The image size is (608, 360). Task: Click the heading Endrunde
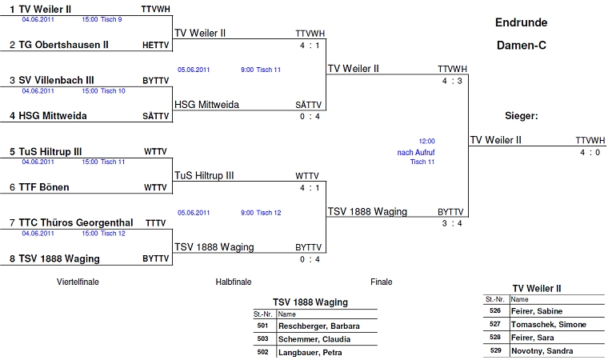pos(521,22)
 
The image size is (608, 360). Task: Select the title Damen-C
pos(521,46)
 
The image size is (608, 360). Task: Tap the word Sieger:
pos(521,116)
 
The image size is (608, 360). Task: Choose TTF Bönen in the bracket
pos(44,187)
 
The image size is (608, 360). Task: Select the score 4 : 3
pos(452,82)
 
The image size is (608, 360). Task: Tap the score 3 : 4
pos(452,223)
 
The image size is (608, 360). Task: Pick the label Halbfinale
pos(234,282)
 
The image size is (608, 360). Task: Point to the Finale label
pos(382,282)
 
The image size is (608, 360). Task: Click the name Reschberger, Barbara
pos(318,326)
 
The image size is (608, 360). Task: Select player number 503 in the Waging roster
pos(262,339)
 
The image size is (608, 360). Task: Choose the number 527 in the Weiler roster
pos(495,324)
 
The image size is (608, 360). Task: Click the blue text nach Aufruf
pos(416,152)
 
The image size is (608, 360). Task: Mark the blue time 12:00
pos(426,141)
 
